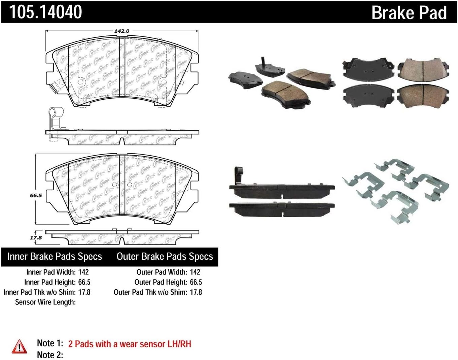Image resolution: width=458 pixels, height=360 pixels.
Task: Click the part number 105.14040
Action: coord(45,12)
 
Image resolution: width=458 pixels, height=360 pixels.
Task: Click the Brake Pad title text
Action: coord(409,13)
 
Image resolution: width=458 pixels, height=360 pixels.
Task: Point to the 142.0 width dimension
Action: coord(121,31)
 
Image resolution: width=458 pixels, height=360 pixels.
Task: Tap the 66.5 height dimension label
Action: coord(36,195)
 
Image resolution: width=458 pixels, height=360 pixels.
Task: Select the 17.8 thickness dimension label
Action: coord(36,237)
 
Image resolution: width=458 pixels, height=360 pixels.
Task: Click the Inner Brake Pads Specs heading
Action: coord(55,257)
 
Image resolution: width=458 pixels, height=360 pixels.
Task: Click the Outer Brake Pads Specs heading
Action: coord(165,257)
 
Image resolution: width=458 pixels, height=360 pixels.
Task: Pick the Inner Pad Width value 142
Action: coord(83,272)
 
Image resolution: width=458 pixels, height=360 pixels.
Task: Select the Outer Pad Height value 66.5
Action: coord(196,282)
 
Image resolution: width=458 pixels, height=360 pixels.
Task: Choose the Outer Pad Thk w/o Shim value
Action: coord(196,292)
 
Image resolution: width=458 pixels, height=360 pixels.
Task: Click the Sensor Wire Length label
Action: coord(45,302)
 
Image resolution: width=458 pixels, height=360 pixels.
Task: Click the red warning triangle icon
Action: coord(20,347)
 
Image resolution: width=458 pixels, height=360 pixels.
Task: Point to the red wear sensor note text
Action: coord(130,344)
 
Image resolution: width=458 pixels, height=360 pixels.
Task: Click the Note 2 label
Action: coord(50,355)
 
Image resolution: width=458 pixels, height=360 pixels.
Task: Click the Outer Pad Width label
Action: coord(162,272)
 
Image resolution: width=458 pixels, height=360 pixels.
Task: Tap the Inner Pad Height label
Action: coord(50,282)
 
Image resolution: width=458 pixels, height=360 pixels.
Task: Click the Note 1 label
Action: coord(50,343)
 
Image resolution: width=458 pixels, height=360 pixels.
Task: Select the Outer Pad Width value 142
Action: coord(195,272)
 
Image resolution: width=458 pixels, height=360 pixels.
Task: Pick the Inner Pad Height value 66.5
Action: coord(84,282)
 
